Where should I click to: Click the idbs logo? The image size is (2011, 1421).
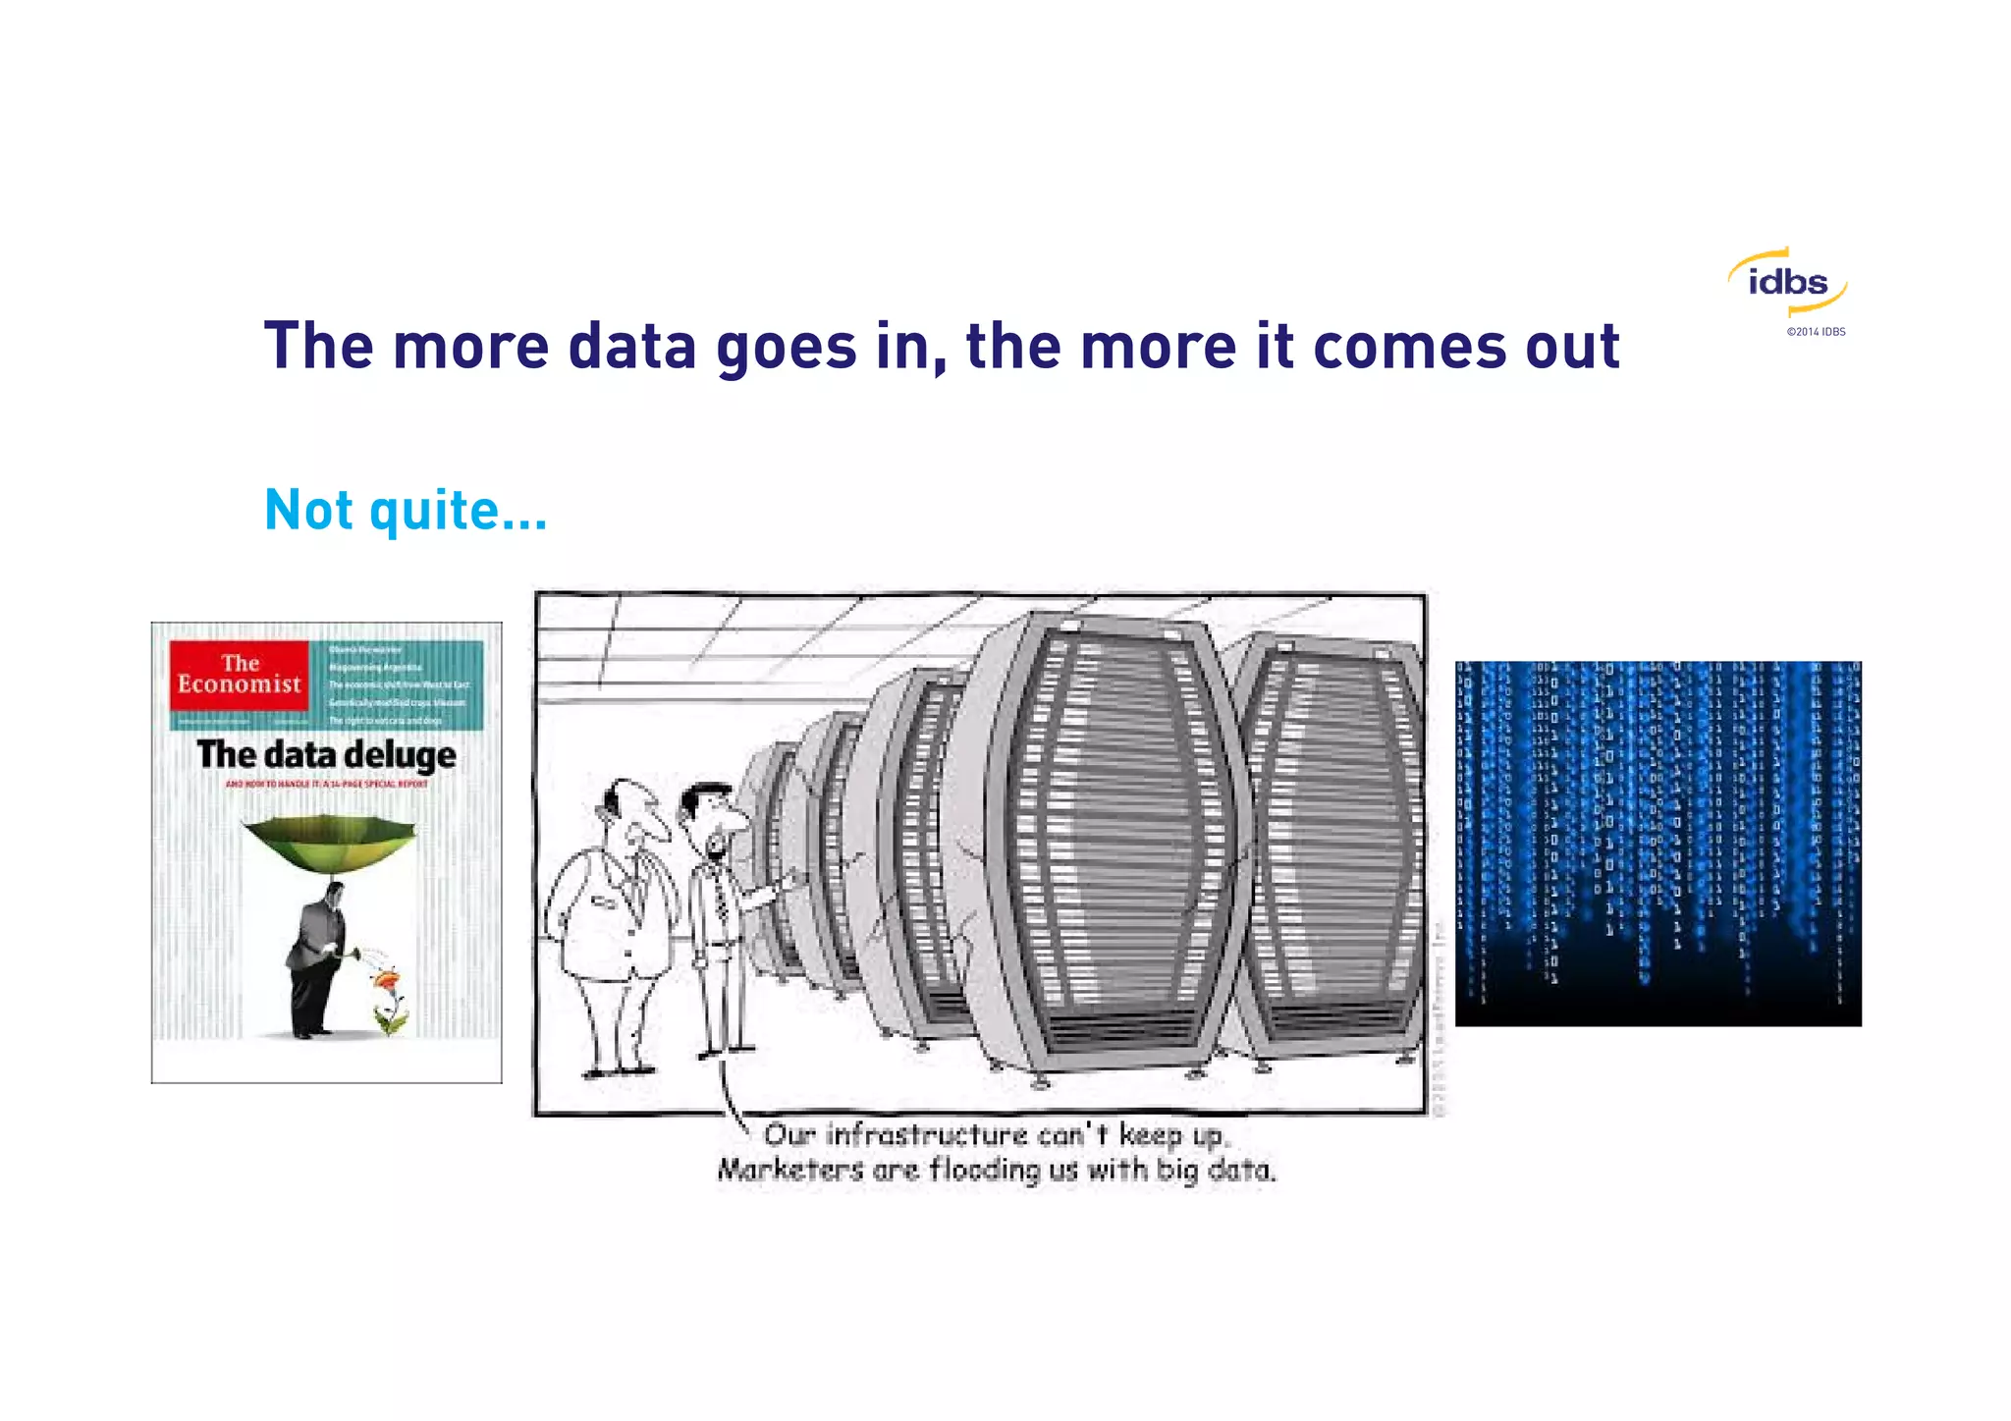(1788, 283)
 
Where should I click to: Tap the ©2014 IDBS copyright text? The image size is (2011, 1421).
(1816, 332)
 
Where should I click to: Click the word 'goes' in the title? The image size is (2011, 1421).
(786, 348)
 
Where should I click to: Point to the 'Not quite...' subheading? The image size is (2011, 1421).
(406, 511)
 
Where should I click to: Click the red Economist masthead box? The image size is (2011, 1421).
(239, 675)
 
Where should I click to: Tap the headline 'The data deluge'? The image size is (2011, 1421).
(326, 755)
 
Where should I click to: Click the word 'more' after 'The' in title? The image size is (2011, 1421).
(469, 348)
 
